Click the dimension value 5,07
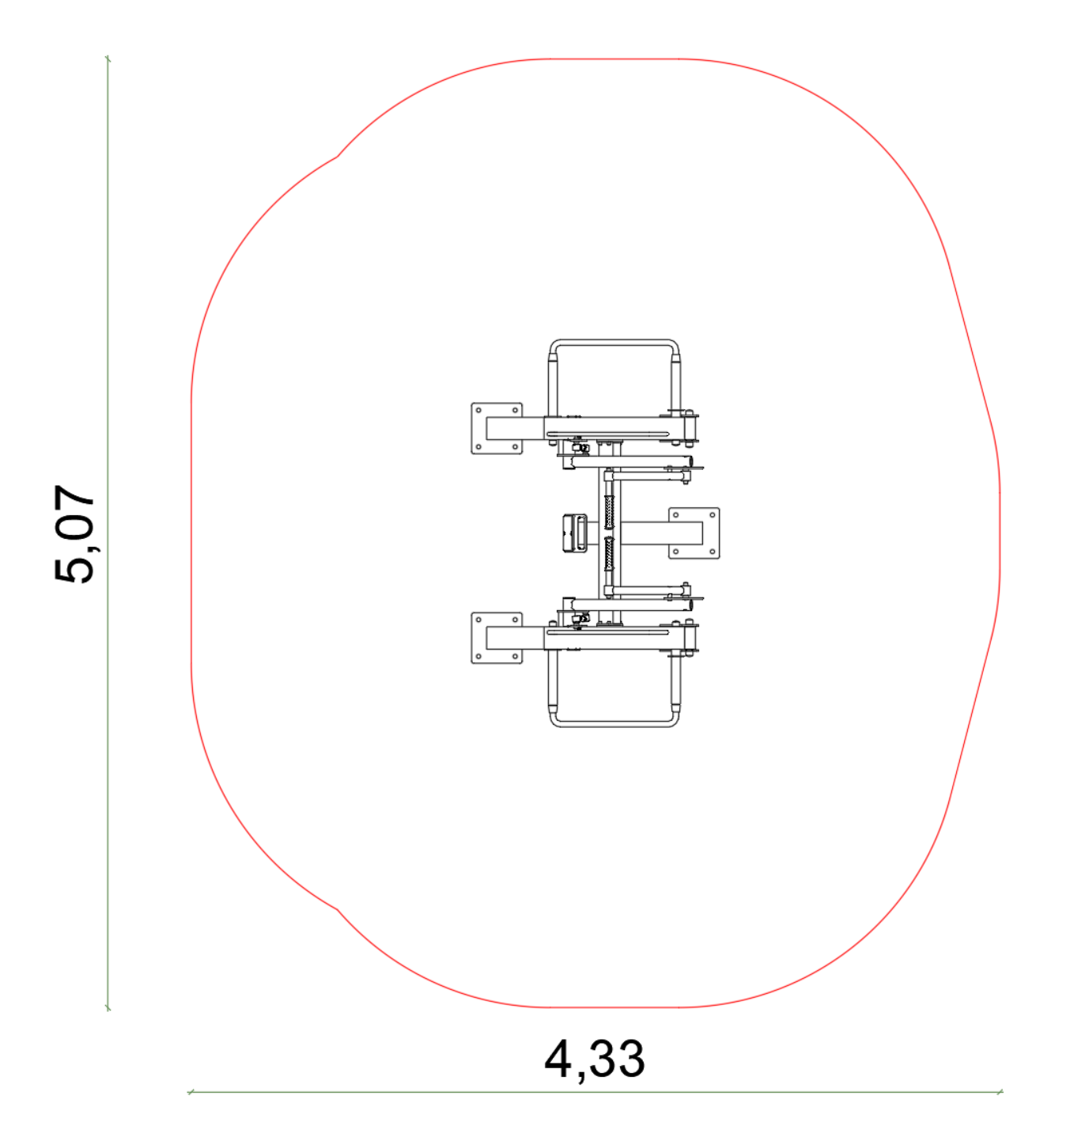coord(74,533)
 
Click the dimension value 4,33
coord(594,1060)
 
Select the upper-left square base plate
coord(497,428)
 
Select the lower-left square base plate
coord(497,638)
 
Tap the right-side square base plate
coord(694,533)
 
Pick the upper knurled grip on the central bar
coord(609,511)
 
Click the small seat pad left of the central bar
coord(574,533)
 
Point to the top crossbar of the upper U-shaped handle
coord(614,343)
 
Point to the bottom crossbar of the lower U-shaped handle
coord(614,723)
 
